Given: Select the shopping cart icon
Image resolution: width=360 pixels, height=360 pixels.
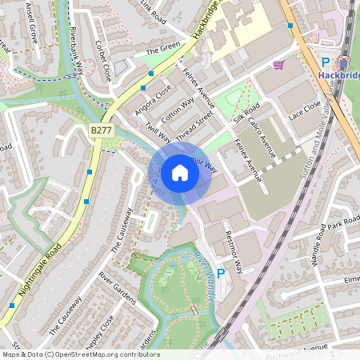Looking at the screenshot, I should pyautogui.click(x=278, y=65).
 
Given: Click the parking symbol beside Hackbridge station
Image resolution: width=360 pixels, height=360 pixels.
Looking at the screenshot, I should pyautogui.click(x=325, y=62).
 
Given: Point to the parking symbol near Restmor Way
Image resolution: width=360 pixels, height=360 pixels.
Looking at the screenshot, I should pyautogui.click(x=221, y=273).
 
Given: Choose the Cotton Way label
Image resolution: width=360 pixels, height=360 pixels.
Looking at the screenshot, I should pyautogui.click(x=177, y=110).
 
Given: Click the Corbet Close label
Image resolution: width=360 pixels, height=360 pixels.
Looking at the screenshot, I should pyautogui.click(x=103, y=61).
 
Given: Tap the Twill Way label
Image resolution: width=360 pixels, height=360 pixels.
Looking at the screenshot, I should pyautogui.click(x=158, y=133).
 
